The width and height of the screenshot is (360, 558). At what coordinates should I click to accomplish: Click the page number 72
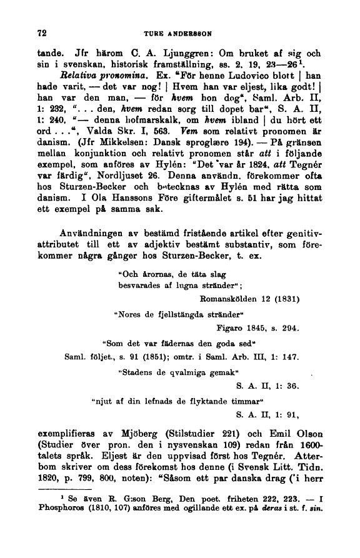(43, 33)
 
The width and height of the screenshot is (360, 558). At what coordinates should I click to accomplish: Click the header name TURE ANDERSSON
(180, 33)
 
